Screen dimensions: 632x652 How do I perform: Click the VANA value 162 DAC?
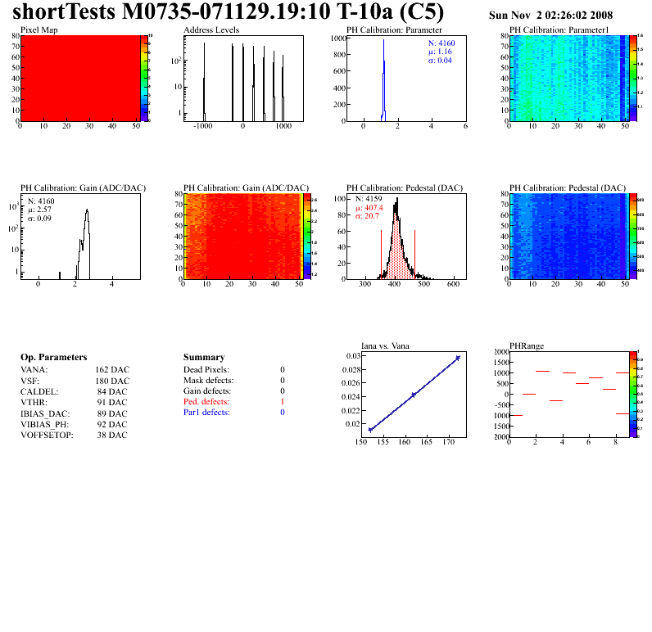tap(111, 370)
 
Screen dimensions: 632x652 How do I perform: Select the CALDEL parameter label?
tap(38, 391)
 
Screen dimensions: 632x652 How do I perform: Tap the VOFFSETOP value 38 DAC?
tap(111, 435)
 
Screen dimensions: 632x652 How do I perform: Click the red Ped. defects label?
tap(206, 402)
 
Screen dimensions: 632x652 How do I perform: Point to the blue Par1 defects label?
tap(206, 413)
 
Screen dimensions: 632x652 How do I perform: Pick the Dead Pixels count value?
tap(282, 370)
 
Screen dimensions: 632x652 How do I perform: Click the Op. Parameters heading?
tap(53, 358)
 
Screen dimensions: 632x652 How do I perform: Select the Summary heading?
tap(204, 358)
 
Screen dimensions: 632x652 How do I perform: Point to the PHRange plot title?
tap(526, 345)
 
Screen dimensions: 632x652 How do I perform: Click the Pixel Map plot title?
tap(38, 29)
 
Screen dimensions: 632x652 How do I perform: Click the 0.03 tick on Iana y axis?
tap(352, 356)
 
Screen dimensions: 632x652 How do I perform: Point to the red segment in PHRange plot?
tap(582, 383)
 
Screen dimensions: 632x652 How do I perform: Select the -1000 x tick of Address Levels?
tap(203, 128)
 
